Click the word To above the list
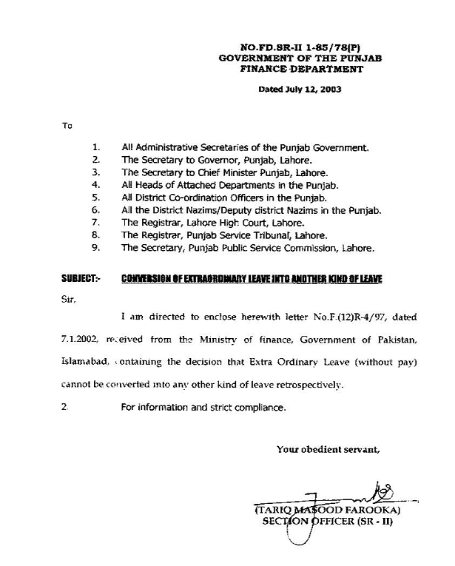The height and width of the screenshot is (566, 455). tap(67, 126)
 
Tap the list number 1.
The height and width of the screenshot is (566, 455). tap(96, 148)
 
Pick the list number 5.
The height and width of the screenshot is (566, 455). tap(96, 198)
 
